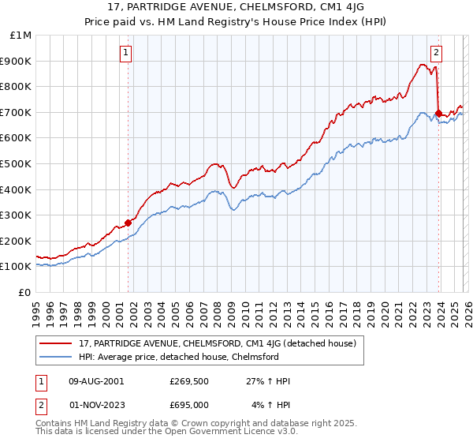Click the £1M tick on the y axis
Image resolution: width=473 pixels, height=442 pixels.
[x=20, y=36]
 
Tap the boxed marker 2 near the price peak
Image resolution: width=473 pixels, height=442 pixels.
[x=436, y=54]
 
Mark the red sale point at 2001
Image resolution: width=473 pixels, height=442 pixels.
[x=128, y=223]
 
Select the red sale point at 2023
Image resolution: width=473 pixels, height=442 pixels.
[x=438, y=114]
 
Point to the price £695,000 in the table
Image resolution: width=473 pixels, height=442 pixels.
[x=189, y=405]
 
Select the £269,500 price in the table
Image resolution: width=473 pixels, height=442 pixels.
[x=189, y=381]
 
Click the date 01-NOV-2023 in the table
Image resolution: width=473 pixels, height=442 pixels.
[x=95, y=405]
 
